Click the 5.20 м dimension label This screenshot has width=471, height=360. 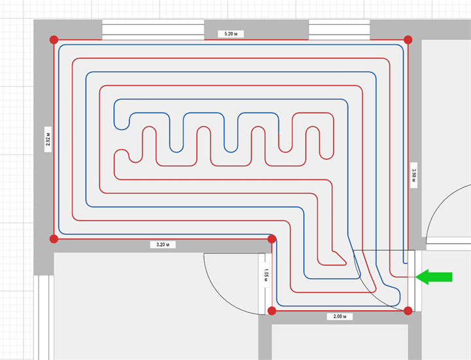coord(231,34)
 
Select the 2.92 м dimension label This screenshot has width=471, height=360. coord(48,139)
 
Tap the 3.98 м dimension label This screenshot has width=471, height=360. coord(413,175)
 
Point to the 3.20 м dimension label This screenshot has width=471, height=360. coord(163,245)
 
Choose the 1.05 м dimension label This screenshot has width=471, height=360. coord(266,275)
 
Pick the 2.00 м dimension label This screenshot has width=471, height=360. coord(340,316)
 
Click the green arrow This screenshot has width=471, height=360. coord(434,277)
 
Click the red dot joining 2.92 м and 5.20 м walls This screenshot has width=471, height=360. coord(54,40)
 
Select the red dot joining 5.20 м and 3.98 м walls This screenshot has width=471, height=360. coord(408,40)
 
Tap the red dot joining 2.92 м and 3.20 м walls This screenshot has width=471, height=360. coord(54,239)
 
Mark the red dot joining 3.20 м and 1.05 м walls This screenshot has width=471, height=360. coord(272,239)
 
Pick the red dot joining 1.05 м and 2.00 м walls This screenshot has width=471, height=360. coord(272,311)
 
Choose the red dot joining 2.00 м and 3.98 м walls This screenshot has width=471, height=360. coord(408,311)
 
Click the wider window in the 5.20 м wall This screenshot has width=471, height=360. coord(153,29)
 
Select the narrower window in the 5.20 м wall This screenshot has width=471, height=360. coord(339,29)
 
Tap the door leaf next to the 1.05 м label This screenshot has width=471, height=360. coord(262,283)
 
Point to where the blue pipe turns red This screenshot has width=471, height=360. coord(279,133)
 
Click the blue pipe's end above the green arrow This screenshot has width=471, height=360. coord(406,264)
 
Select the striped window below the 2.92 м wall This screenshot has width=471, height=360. coord(44,317)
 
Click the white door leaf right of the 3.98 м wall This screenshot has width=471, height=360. coord(449,243)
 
